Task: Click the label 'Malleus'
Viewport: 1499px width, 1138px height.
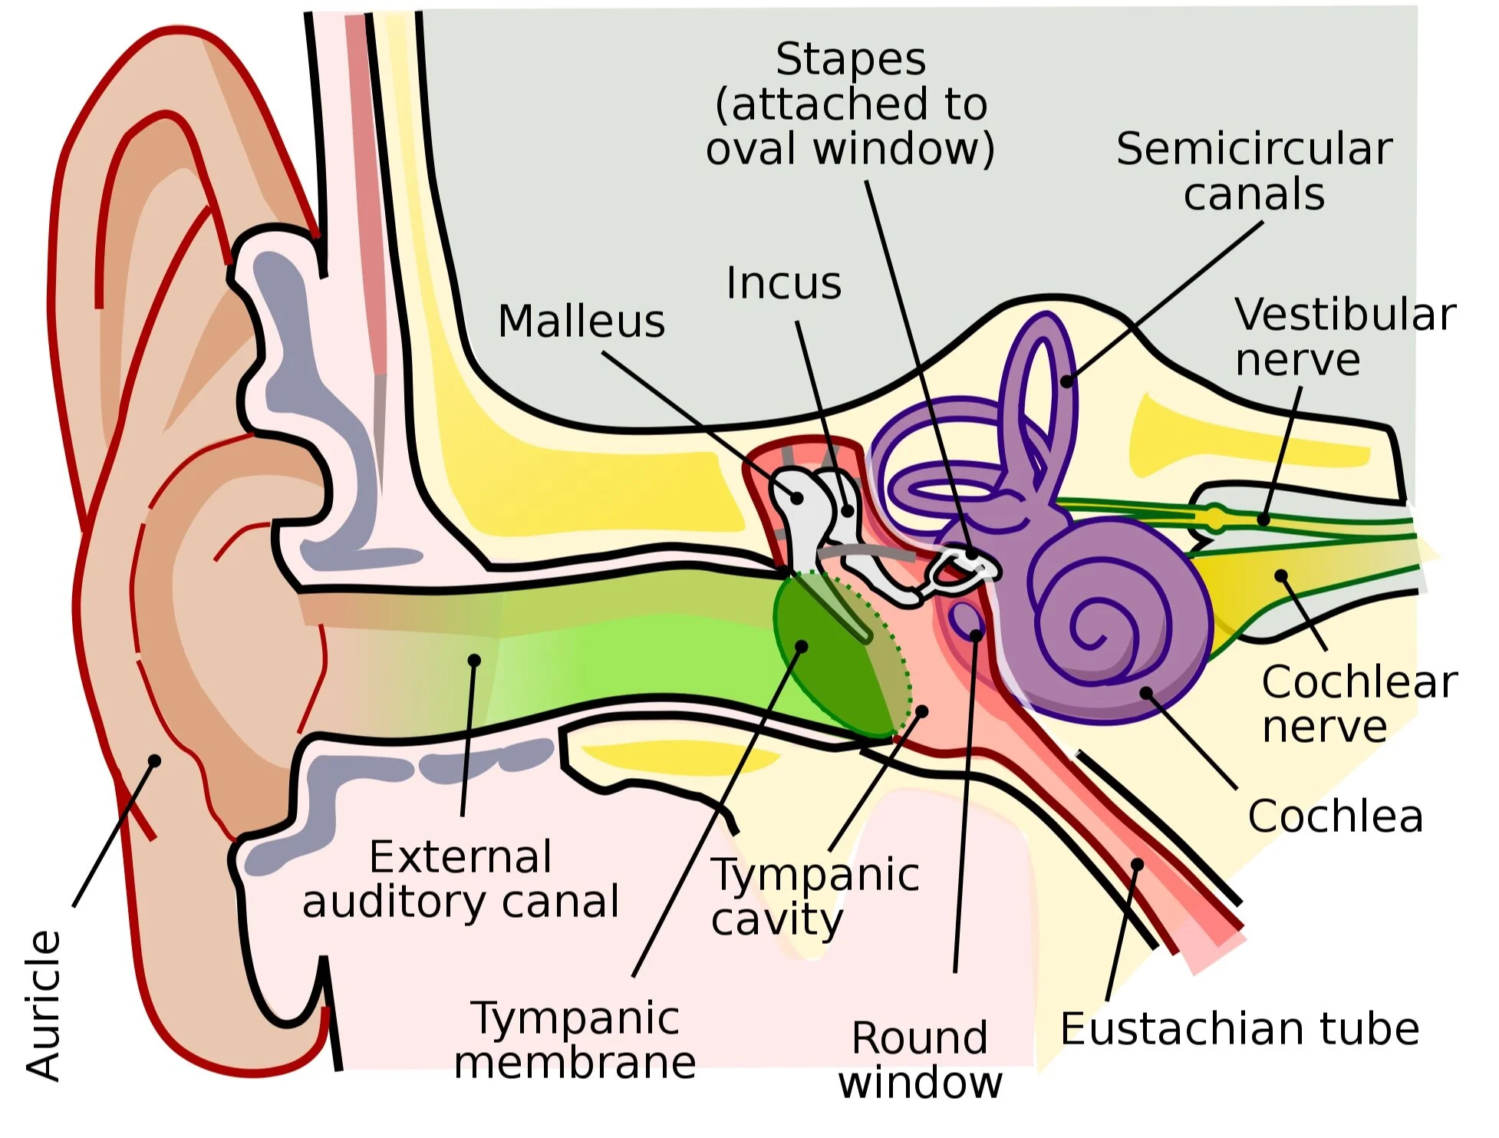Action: (x=581, y=321)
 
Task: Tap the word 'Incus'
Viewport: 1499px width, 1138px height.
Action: (x=783, y=283)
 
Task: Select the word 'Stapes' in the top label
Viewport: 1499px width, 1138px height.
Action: (x=850, y=59)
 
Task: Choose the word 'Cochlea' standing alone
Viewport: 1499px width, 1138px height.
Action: (x=1335, y=816)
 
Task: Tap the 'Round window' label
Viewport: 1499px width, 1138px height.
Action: (x=919, y=1060)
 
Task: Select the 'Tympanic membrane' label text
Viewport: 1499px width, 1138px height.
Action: (x=575, y=1040)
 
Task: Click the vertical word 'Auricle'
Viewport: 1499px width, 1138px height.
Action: (x=43, y=1005)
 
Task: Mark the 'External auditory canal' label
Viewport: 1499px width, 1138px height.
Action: (x=460, y=879)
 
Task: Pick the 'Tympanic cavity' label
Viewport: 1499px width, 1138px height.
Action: (x=815, y=896)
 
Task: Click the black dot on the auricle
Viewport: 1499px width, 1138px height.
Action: (x=154, y=760)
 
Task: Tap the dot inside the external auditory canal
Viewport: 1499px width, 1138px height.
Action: (x=474, y=660)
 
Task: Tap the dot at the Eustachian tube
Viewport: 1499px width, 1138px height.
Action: (x=1137, y=865)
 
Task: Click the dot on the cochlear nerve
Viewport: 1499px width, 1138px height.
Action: (x=1280, y=575)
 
